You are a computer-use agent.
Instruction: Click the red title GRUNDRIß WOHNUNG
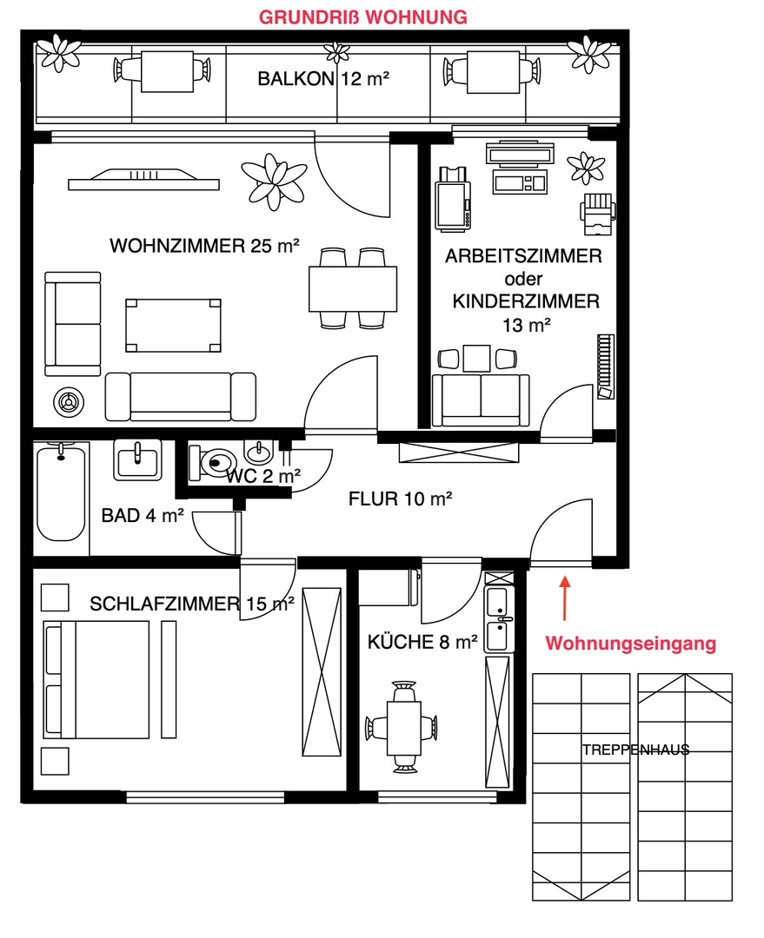(365, 17)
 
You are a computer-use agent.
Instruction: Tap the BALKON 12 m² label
(323, 79)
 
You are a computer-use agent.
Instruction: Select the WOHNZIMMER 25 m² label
(204, 246)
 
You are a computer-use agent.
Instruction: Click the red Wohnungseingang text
(630, 644)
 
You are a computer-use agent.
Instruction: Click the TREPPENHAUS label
(636, 750)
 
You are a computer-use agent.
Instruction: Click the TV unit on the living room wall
(143, 179)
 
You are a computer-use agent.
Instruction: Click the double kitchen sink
(498, 618)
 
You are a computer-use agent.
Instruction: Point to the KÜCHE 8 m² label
(423, 643)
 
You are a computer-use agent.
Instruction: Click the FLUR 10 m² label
(401, 499)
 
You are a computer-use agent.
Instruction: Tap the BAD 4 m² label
(143, 516)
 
